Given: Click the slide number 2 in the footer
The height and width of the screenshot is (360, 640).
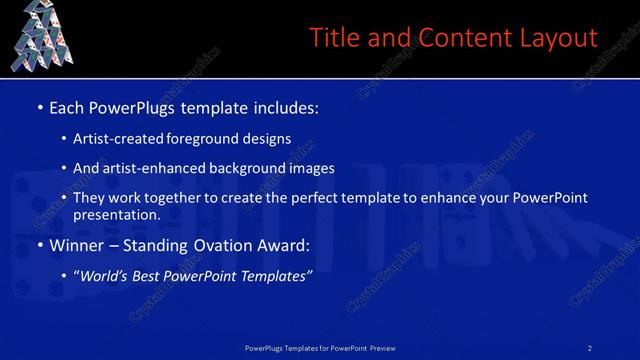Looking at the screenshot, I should [x=590, y=347].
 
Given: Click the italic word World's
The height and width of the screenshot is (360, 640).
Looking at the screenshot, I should [x=103, y=276].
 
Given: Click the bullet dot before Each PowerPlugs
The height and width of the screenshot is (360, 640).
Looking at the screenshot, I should [x=39, y=107].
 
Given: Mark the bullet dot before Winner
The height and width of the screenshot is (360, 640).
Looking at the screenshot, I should [x=39, y=245].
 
